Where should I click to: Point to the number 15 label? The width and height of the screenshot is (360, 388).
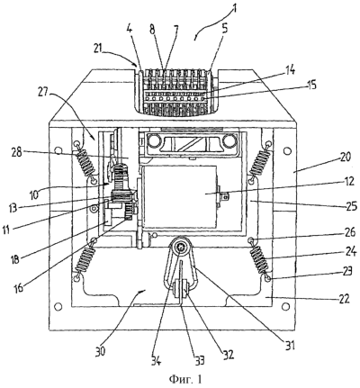(310, 85)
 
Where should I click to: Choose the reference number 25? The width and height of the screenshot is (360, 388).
(350, 206)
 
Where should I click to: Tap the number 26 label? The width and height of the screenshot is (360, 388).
(348, 232)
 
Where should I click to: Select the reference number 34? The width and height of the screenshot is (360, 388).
(156, 359)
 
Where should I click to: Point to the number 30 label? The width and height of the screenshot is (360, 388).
(100, 349)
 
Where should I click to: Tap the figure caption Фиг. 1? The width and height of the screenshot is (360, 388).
(185, 379)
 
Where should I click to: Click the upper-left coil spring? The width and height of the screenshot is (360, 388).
(86, 163)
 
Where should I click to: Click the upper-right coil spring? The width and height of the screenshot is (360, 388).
(259, 162)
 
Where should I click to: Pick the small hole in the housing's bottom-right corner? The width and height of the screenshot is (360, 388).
(286, 306)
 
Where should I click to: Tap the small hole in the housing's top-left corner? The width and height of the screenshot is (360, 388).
(58, 149)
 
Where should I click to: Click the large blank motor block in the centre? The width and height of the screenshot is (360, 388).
(181, 196)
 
